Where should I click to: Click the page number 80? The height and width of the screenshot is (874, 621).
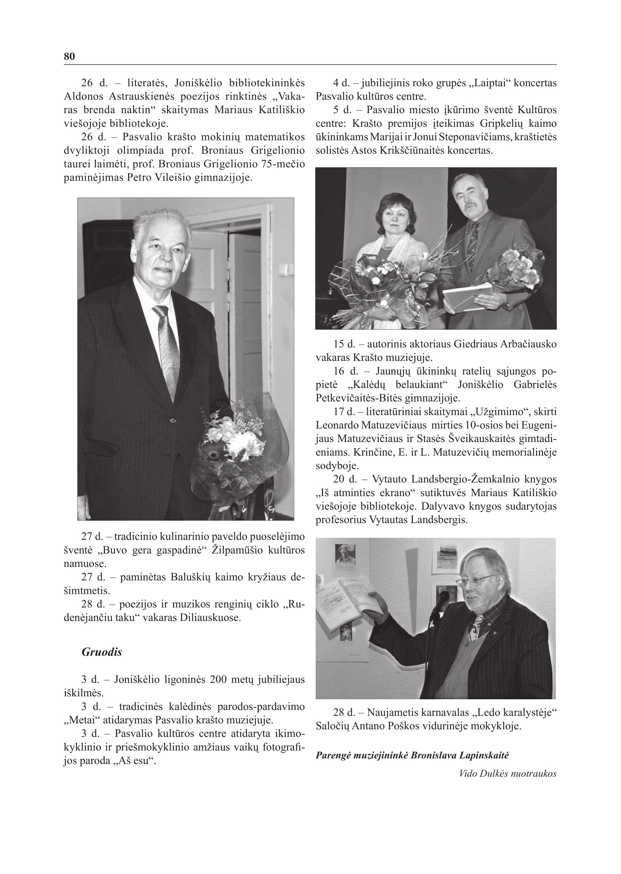click(x=69, y=56)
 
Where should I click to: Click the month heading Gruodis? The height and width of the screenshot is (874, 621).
click(x=102, y=652)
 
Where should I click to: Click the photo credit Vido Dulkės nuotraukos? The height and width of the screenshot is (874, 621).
click(x=508, y=773)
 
